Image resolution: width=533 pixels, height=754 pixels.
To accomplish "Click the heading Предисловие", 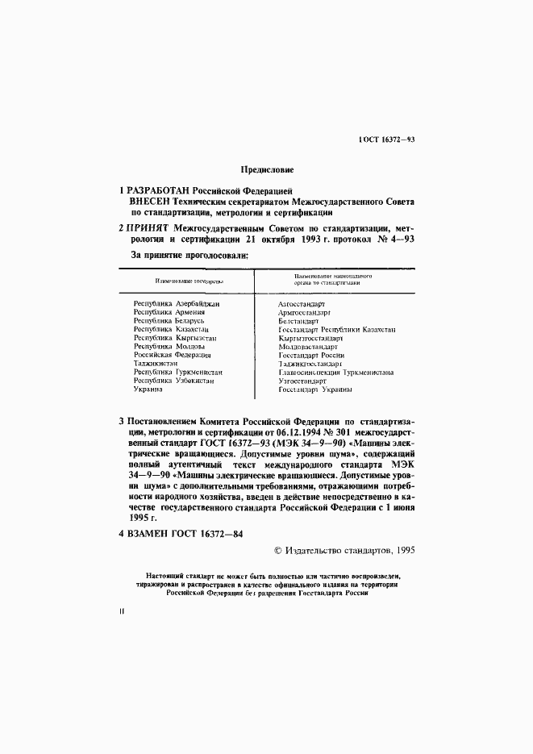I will pyautogui.click(x=267, y=169).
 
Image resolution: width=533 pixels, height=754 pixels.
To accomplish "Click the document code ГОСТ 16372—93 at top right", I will pyautogui.click(x=385, y=140).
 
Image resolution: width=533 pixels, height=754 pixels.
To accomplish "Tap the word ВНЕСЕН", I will pyautogui.click(x=149, y=202).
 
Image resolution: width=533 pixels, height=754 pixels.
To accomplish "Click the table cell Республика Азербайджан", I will pyautogui.click(x=177, y=303).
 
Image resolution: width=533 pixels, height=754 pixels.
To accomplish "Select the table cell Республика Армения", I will pyautogui.click(x=169, y=311).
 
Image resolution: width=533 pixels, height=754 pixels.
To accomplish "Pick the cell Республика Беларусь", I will pyautogui.click(x=169, y=320).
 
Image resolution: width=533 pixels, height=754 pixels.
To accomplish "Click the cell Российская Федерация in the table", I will pyautogui.click(x=172, y=355).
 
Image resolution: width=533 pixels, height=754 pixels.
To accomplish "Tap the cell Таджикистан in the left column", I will pyautogui.click(x=156, y=364).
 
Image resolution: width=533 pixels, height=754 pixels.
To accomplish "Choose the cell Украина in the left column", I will pyautogui.click(x=148, y=389).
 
